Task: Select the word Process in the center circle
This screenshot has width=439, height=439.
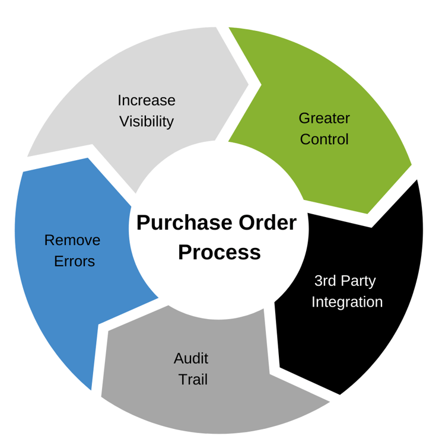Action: (220, 252)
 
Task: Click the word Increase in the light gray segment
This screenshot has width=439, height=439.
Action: (147, 100)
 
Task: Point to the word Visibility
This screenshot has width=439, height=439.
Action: (147, 122)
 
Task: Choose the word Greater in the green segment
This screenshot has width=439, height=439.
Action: (324, 118)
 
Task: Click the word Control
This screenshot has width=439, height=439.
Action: (324, 140)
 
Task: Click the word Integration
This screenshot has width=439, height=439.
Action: (347, 302)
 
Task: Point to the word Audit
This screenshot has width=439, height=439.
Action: (191, 358)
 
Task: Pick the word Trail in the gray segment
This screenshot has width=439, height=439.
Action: (193, 380)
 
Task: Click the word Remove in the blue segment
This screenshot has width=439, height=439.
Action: (72, 240)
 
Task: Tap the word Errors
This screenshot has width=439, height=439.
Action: (74, 262)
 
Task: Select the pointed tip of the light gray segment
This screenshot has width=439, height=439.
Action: (248, 85)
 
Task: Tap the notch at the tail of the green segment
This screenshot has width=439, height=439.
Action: (260, 85)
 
